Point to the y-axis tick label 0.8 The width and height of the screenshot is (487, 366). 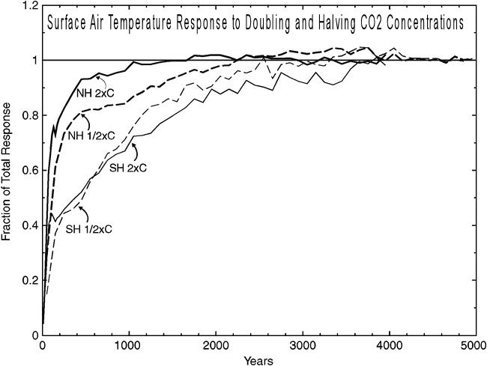[28, 115]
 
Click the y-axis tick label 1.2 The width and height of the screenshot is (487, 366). [28, 5]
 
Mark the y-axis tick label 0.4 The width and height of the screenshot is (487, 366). [28, 225]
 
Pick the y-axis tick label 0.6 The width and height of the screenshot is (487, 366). [28, 171]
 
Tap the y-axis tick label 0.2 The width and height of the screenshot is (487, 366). [28, 281]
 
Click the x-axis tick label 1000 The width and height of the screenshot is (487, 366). [129, 347]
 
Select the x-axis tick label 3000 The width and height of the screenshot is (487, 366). [302, 347]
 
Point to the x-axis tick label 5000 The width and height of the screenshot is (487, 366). [474, 347]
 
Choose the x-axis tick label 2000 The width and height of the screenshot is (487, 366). [216, 347]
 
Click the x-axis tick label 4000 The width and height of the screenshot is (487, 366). [388, 347]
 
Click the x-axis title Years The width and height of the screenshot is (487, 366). [258, 360]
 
